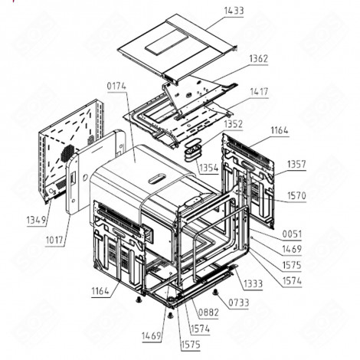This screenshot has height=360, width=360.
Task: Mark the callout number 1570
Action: (296, 195)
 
